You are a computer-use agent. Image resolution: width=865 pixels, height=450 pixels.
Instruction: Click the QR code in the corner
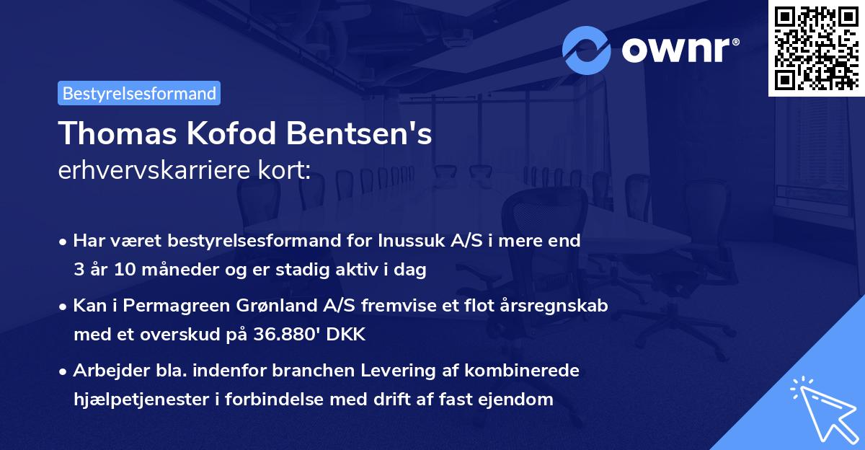click(x=816, y=48)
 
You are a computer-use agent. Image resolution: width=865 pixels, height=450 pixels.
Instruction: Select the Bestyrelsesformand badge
click(x=139, y=93)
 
